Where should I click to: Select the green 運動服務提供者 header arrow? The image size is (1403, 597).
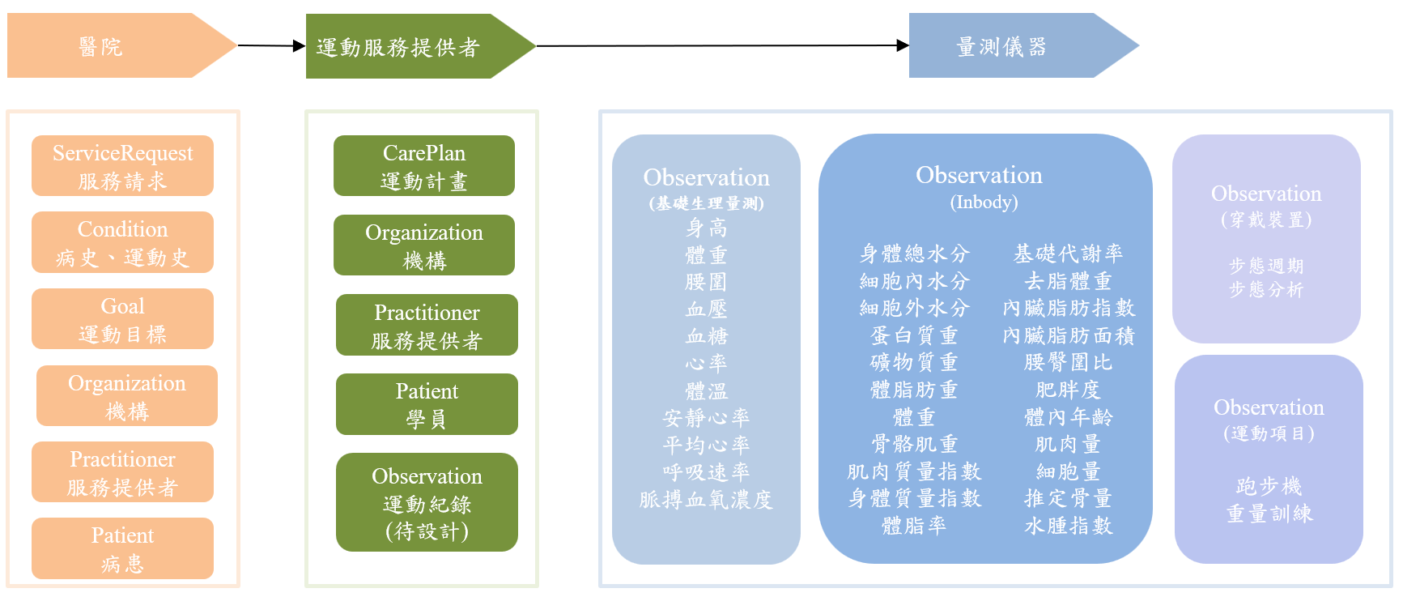(x=405, y=47)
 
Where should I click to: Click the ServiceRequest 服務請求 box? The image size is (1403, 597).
(x=122, y=166)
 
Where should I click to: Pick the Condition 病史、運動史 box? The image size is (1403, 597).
(x=122, y=242)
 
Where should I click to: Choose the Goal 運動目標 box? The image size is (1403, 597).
(x=122, y=319)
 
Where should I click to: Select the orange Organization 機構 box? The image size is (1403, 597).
(x=127, y=396)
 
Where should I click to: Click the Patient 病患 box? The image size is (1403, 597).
(x=122, y=548)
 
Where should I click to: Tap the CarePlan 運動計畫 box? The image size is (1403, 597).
(x=424, y=166)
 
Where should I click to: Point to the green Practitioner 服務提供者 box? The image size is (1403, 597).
(x=427, y=325)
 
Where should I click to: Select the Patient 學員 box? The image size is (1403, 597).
(x=427, y=404)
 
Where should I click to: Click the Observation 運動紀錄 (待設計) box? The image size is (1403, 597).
(x=427, y=502)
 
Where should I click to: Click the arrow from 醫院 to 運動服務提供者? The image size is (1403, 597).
(x=270, y=46)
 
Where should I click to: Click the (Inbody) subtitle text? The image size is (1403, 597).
(x=984, y=202)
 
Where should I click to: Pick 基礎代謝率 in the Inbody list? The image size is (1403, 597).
(x=1068, y=254)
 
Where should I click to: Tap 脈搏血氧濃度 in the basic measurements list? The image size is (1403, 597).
(x=706, y=500)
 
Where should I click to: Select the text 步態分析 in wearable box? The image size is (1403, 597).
(x=1266, y=289)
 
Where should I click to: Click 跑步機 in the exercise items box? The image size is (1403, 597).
(x=1269, y=486)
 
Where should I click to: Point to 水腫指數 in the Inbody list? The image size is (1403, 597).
(x=1068, y=526)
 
